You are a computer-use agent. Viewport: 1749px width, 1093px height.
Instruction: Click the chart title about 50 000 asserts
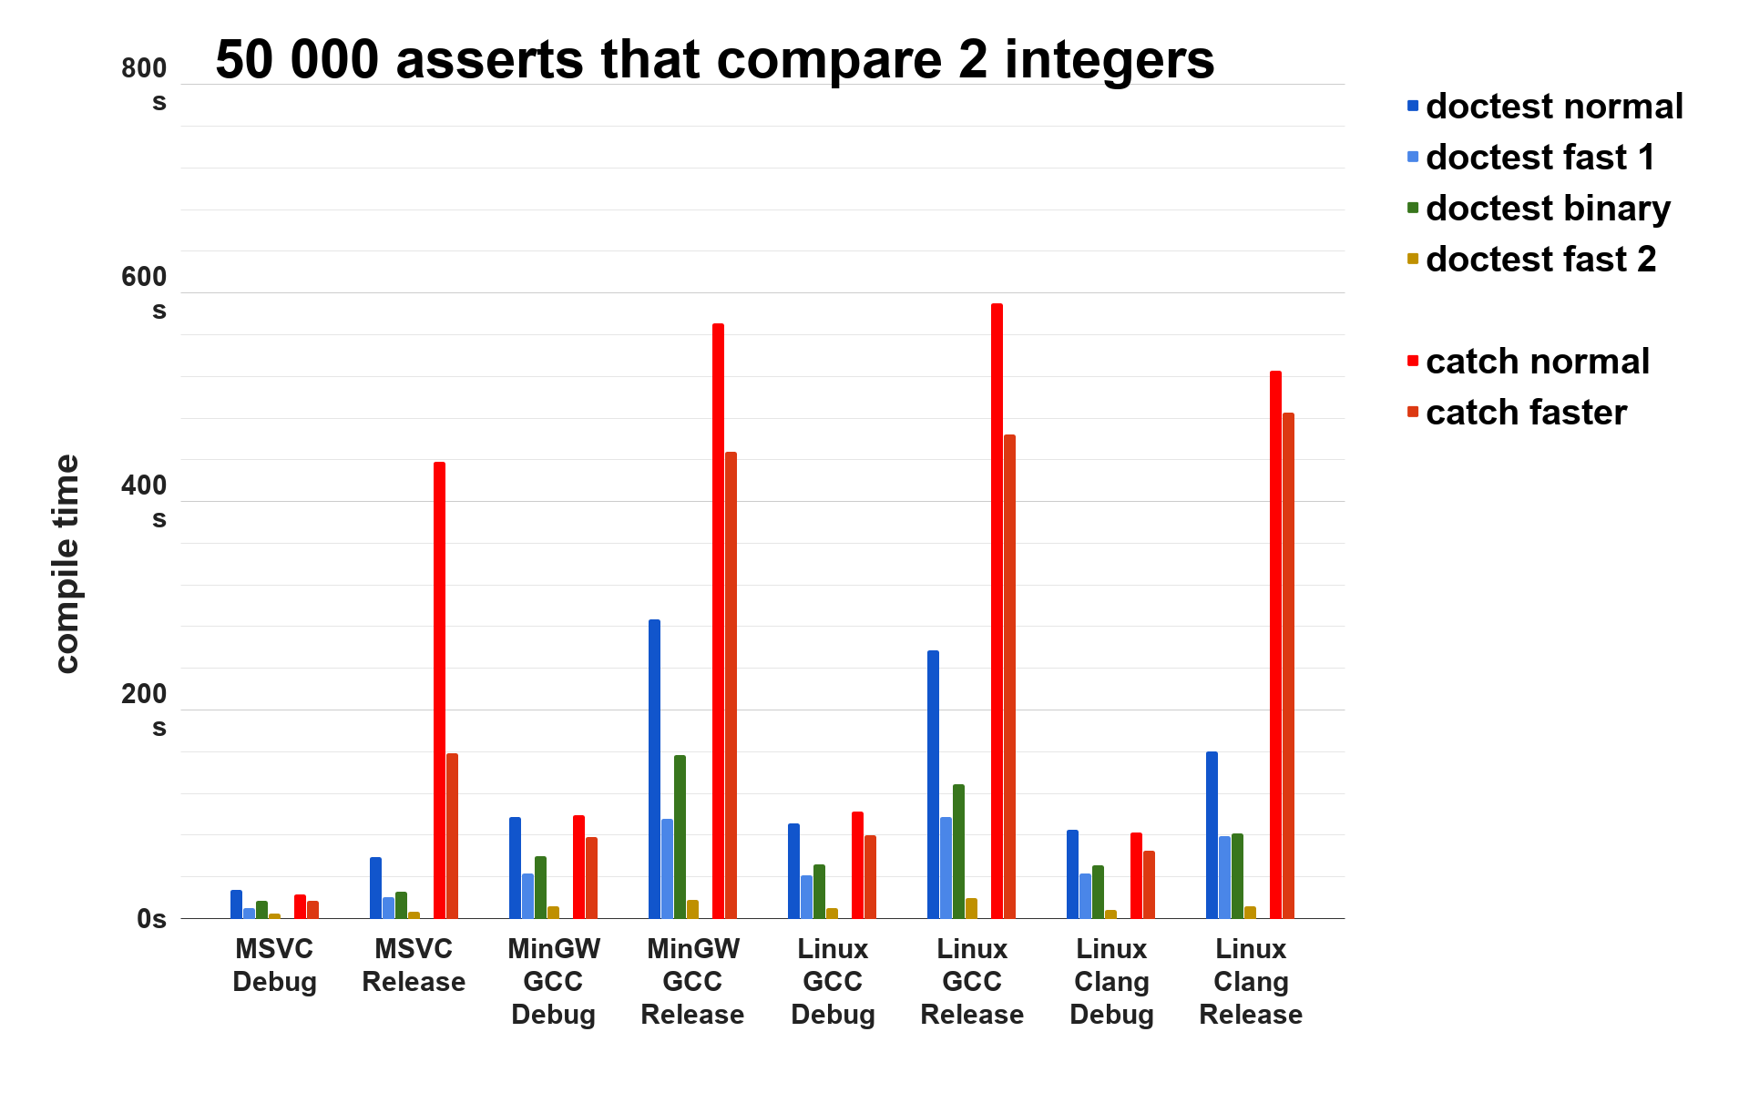(x=715, y=60)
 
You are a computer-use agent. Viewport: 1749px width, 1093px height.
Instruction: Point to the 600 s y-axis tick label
(x=146, y=292)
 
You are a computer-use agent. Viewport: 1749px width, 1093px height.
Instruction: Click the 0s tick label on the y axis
(x=152, y=919)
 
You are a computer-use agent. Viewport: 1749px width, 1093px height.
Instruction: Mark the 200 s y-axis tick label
(x=146, y=710)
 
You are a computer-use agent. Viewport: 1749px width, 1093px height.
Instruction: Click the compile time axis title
(x=66, y=564)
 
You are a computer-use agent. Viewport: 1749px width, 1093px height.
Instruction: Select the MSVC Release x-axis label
(x=414, y=965)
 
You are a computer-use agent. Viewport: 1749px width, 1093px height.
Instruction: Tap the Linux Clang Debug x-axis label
(x=1111, y=982)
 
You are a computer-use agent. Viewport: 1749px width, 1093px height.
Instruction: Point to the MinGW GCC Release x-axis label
(x=692, y=982)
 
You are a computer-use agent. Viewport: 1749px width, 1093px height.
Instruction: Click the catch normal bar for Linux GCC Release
(x=997, y=610)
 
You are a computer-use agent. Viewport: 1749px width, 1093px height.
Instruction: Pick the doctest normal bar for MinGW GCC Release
(x=654, y=769)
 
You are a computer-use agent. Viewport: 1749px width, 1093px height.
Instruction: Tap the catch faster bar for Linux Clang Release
(x=1288, y=665)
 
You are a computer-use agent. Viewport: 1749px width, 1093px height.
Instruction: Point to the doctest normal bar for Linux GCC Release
(x=933, y=784)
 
